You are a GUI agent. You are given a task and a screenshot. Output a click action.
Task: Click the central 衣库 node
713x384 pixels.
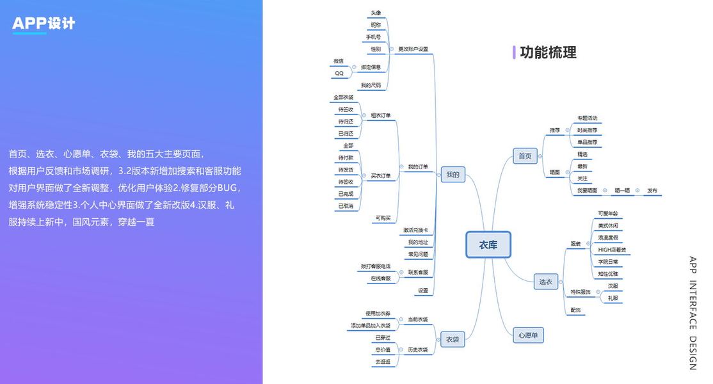point(488,244)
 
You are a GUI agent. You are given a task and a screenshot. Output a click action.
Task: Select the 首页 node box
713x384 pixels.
point(525,156)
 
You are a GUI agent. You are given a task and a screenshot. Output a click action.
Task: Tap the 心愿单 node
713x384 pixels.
point(529,335)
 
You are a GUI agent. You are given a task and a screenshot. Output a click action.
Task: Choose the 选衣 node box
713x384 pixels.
point(545,281)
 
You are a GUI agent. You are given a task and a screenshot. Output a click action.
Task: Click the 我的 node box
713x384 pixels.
point(453,174)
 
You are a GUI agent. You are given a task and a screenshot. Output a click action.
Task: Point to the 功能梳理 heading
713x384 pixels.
point(548,52)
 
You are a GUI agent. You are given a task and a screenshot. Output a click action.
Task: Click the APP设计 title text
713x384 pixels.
point(44,24)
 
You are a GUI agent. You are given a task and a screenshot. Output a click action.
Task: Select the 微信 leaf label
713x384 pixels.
point(338,61)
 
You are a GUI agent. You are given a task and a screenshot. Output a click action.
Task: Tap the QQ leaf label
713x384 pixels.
point(339,73)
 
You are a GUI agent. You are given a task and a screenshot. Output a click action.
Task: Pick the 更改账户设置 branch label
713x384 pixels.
point(413,49)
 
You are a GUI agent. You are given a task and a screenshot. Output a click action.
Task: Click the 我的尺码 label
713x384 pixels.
point(371,85)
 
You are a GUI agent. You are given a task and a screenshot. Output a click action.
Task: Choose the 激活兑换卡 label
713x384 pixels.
point(415,230)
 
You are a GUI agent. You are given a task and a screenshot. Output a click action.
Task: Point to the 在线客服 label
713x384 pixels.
point(380,278)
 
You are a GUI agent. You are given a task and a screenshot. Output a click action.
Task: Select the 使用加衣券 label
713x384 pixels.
point(378,313)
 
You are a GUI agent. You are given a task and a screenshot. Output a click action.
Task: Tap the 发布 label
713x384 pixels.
point(652,190)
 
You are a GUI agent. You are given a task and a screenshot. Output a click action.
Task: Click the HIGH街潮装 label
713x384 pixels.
point(612,250)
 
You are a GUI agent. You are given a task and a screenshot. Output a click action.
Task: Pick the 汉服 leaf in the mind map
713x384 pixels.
point(613,285)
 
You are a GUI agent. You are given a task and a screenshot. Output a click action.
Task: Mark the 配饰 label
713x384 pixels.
point(575,310)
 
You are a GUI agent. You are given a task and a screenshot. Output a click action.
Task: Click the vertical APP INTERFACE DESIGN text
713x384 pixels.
point(693,313)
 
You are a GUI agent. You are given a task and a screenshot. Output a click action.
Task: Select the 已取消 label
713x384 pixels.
point(346,206)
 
